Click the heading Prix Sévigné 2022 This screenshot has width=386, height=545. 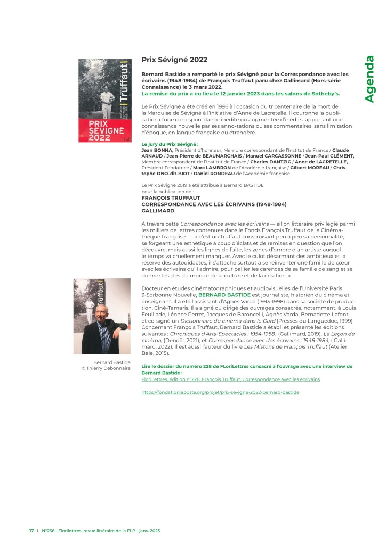click(174, 60)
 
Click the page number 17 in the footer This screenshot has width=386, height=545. click(31, 531)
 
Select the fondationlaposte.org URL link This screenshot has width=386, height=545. click(220, 392)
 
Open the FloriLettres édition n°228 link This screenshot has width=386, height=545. click(230, 379)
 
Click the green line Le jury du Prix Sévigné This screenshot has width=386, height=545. click(170, 144)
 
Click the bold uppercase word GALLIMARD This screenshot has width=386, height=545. click(158, 211)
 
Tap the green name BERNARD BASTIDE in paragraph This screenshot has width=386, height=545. click(222, 294)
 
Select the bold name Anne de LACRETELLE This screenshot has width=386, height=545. click(323, 162)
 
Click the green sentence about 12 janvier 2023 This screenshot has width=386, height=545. click(240, 93)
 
